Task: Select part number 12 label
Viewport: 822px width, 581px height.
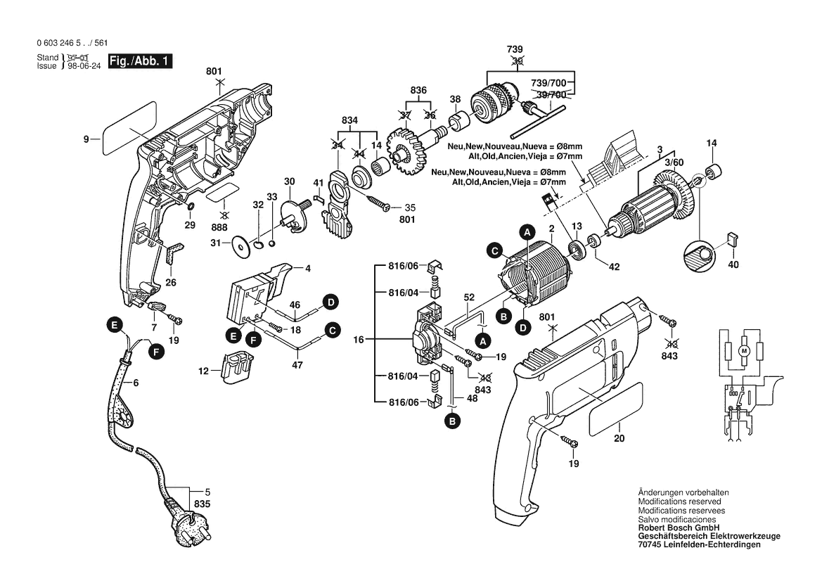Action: pos(204,370)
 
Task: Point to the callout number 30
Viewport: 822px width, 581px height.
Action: pos(289,181)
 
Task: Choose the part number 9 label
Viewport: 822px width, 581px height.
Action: pos(86,140)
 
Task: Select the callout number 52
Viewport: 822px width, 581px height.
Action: pos(467,297)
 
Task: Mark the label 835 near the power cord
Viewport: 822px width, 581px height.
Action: pos(203,504)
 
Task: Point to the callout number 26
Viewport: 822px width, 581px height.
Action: pos(169,283)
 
